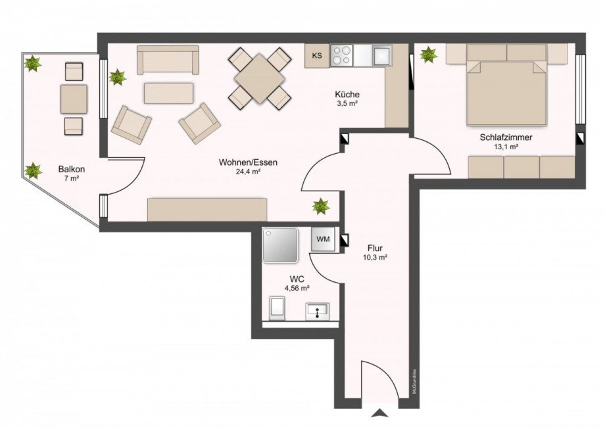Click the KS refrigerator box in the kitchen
pyautogui.click(x=317, y=56)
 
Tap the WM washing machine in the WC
pyautogui.click(x=324, y=239)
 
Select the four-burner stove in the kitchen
pyautogui.click(x=341, y=55)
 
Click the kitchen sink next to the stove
pyautogui.click(x=382, y=55)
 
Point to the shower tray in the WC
pyautogui.click(x=281, y=245)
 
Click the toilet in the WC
pyautogui.click(x=277, y=307)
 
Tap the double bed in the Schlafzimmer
pyautogui.click(x=506, y=92)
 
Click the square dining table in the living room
pyautogui.click(x=260, y=78)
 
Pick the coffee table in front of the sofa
pyautogui.click(x=169, y=93)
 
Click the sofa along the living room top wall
pyautogui.click(x=168, y=60)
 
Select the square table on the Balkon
pyautogui.click(x=74, y=99)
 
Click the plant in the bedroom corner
pyautogui.click(x=429, y=54)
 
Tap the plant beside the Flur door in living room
pyautogui.click(x=321, y=206)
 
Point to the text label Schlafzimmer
pyautogui.click(x=506, y=137)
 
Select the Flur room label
pyautogui.click(x=375, y=249)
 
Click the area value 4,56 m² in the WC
pyautogui.click(x=297, y=288)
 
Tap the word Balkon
pyautogui.click(x=71, y=168)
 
